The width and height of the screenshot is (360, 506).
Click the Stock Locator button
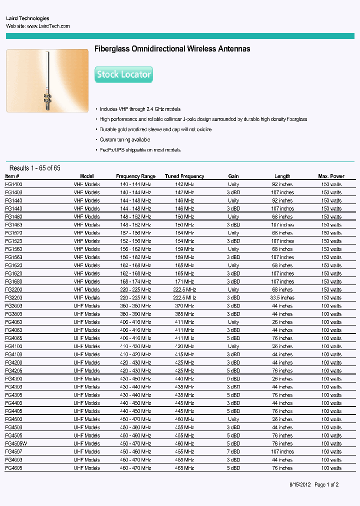tap(123, 74)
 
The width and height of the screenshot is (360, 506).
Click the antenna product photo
tap(47, 80)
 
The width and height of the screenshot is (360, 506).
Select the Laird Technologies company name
tap(27, 18)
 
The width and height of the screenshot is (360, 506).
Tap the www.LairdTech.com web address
tap(48, 26)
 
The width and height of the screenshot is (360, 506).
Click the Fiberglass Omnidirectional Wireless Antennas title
tap(172, 49)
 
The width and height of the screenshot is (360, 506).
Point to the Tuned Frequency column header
tap(184, 176)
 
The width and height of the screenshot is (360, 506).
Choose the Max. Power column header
tap(331, 176)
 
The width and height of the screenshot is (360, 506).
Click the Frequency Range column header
tap(135, 176)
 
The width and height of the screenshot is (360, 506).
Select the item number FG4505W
tap(16, 443)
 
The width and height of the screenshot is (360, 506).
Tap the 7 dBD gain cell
tap(233, 451)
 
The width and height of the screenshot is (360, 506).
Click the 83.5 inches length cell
tap(282, 297)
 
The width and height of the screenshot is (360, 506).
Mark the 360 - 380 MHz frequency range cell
tap(135, 305)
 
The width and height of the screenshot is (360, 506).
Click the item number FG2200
tap(14, 289)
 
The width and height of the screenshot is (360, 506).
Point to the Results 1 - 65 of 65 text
tap(35, 168)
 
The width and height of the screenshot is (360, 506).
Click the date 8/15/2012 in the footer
tap(300, 484)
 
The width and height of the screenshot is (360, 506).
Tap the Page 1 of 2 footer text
tap(326, 484)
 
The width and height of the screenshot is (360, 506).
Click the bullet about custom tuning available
tap(125, 140)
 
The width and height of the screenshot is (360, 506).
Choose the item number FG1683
tap(14, 281)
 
